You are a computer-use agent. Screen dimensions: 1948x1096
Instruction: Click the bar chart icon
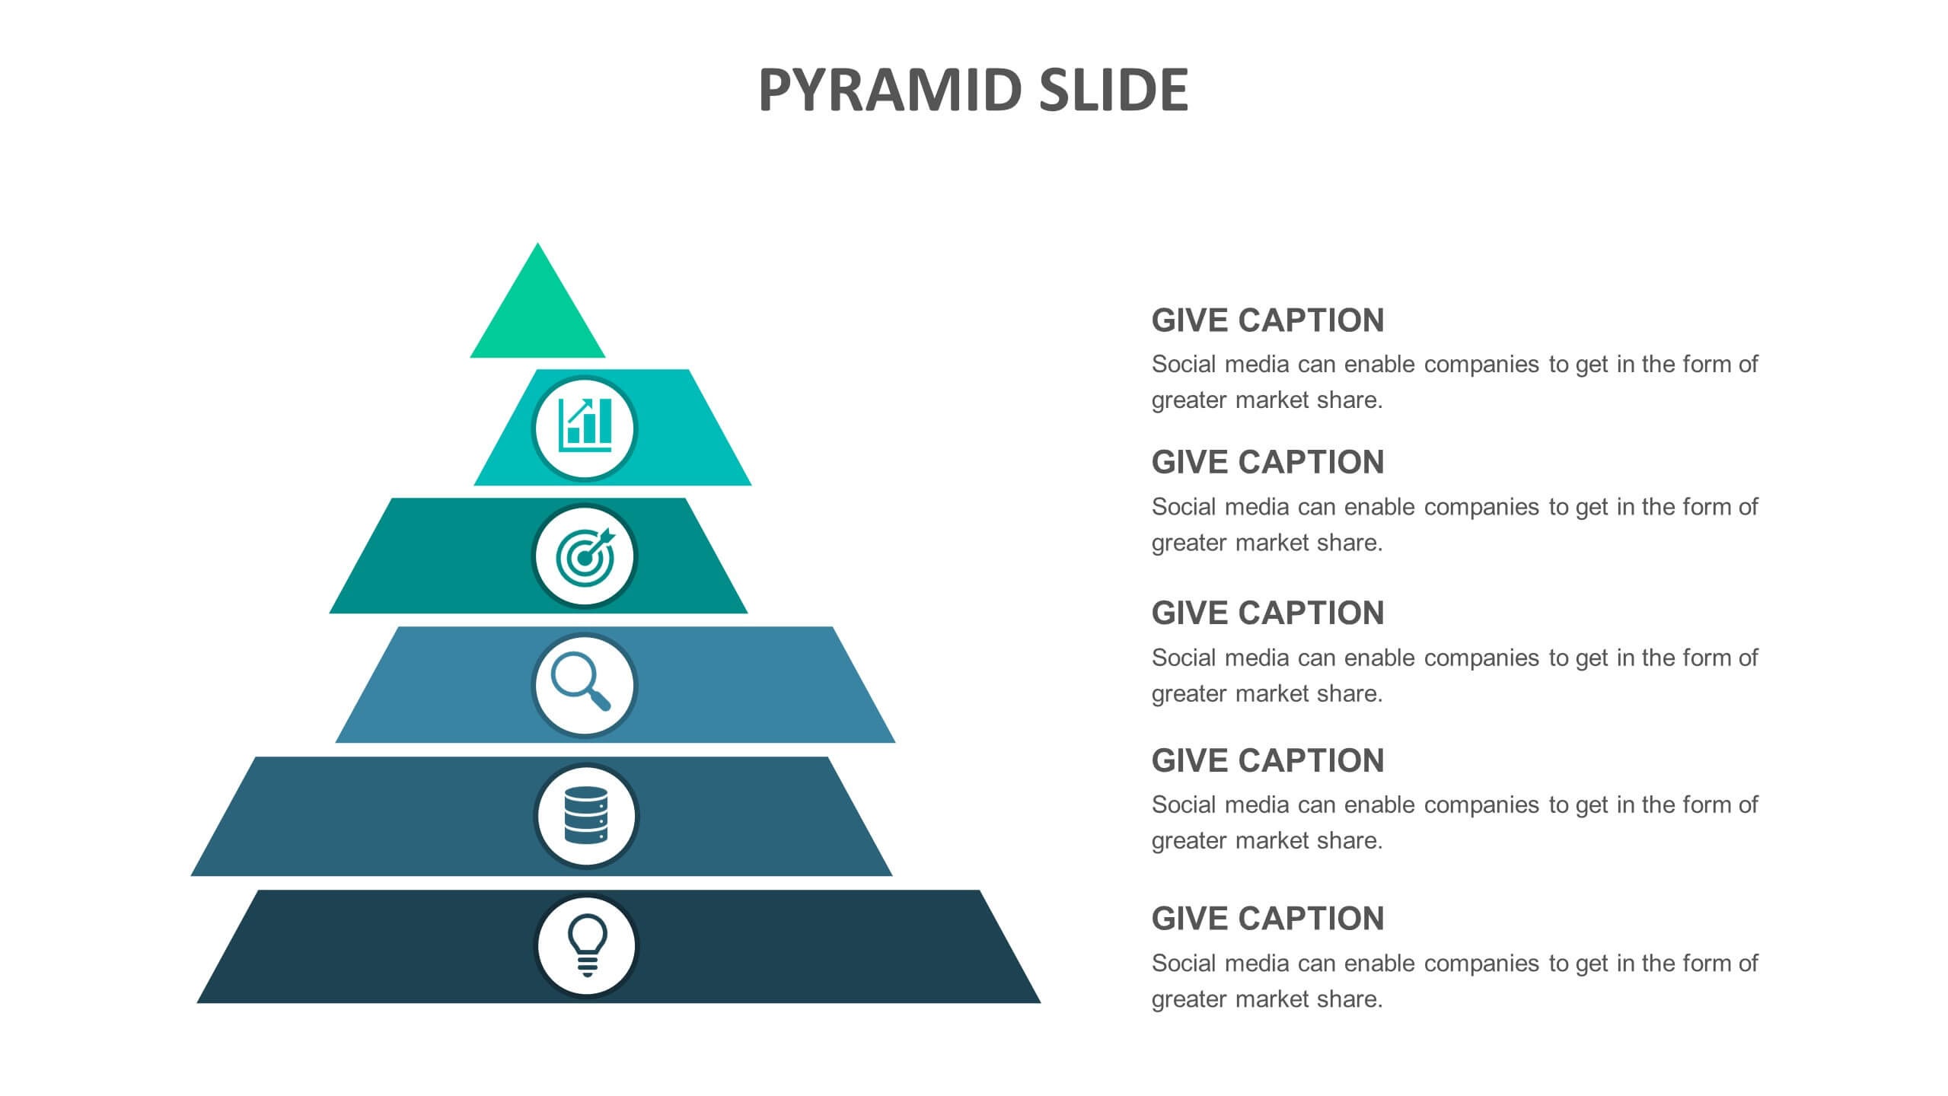point(585,426)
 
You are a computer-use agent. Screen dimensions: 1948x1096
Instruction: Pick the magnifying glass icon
point(581,681)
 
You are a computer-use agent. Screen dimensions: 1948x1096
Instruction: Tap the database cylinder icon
point(586,815)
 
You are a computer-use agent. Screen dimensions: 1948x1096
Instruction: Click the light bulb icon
point(587,945)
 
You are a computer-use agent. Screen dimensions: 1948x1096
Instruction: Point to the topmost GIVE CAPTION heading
point(1267,320)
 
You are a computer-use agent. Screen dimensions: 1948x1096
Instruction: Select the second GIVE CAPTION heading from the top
point(1267,462)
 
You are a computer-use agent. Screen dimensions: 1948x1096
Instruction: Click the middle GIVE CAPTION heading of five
point(1267,613)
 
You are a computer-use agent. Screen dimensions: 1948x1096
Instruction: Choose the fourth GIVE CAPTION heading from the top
point(1267,760)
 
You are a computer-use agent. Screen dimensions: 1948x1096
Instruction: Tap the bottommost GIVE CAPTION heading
point(1267,919)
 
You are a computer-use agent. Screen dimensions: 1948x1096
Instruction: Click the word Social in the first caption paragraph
point(1184,365)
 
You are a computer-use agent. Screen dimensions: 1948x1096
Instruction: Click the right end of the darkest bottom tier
point(1039,1002)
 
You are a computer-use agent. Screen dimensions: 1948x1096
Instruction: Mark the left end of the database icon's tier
point(192,875)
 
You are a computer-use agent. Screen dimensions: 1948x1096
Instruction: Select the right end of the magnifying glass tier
point(894,742)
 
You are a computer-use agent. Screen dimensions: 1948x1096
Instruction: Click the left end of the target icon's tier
point(330,613)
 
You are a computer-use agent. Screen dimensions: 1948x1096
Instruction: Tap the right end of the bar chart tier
point(751,485)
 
